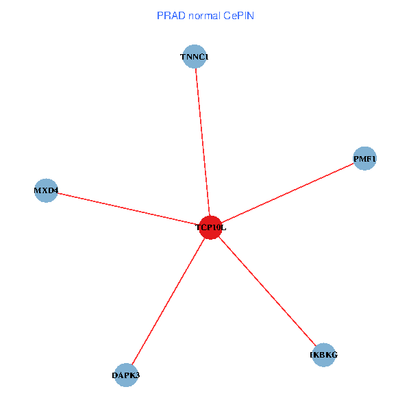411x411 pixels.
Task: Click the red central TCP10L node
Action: coord(210,227)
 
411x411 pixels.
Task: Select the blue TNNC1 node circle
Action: coord(195,56)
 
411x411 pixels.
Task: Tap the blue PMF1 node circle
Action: coord(364,158)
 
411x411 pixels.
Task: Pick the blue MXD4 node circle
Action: coord(46,190)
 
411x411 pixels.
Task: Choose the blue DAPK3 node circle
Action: coord(126,375)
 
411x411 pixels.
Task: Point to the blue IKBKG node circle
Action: coord(323,355)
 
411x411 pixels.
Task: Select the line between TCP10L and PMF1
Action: coord(288,192)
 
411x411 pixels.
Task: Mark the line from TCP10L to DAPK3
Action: coord(168,301)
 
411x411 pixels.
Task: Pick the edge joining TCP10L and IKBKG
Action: coord(267,291)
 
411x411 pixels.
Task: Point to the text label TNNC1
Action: coord(195,57)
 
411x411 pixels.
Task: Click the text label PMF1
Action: coord(364,159)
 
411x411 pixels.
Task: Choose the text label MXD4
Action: coord(46,190)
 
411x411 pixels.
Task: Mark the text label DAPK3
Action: coord(126,375)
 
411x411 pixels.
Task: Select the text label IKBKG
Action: coord(323,356)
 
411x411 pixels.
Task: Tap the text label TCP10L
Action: coord(210,227)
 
